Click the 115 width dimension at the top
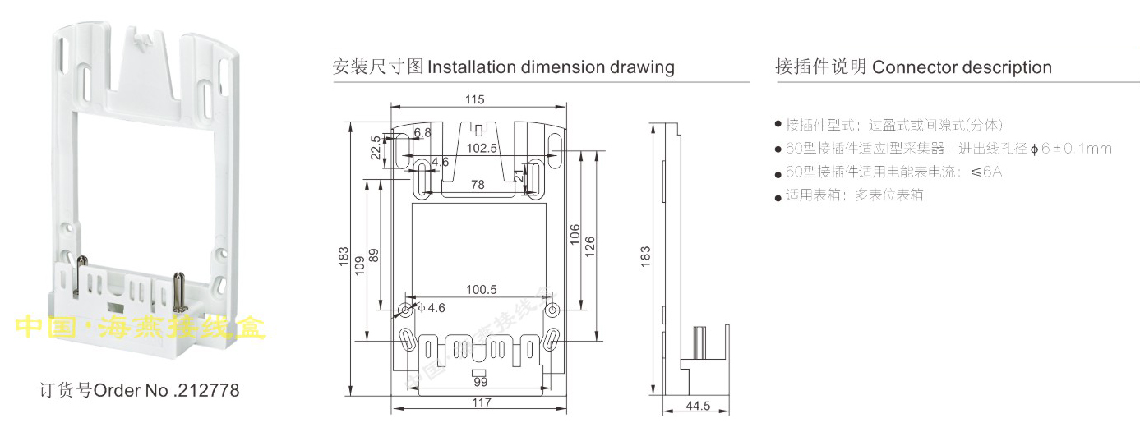coord(474,99)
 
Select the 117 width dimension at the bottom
coord(482,402)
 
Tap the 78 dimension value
coord(478,186)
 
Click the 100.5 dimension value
coord(482,290)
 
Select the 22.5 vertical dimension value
coord(376,148)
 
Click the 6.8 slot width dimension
coord(422,133)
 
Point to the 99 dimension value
coord(481,382)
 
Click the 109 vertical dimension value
coord(359,261)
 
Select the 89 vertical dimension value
coord(375,255)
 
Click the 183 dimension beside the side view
coord(646,256)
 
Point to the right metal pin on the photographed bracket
coord(178,287)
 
